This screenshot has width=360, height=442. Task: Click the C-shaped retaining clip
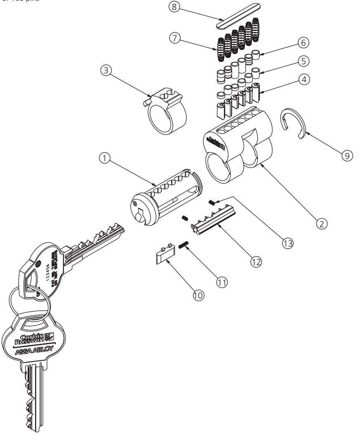(x=293, y=124)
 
